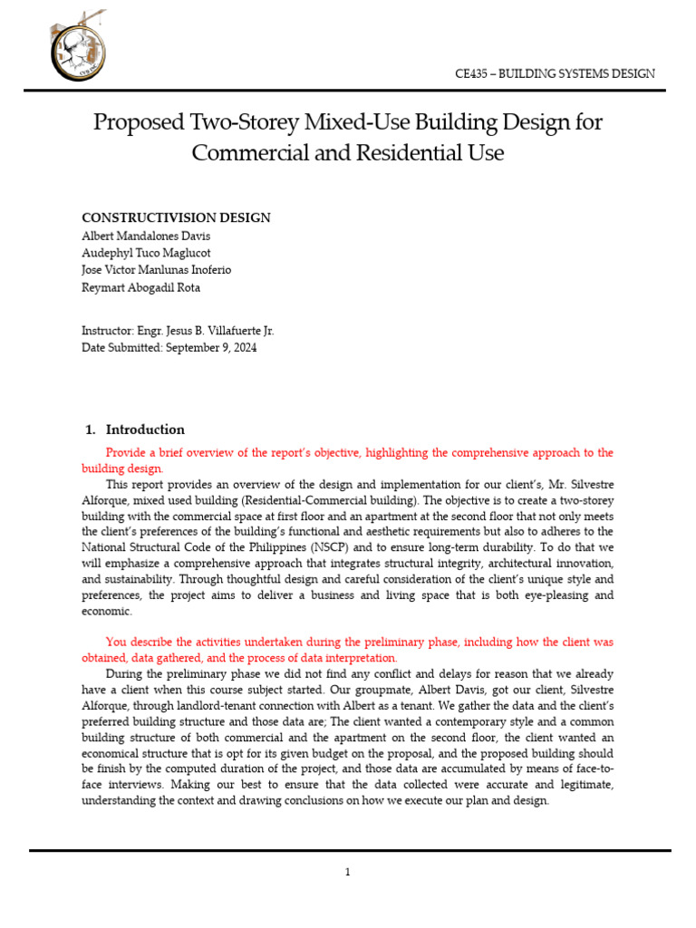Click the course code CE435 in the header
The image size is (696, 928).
pos(470,73)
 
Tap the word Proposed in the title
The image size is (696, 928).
pos(135,122)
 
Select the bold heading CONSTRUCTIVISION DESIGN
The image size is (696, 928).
pos(176,217)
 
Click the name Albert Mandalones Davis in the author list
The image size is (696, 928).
pos(145,236)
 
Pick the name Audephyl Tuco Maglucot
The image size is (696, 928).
pos(146,253)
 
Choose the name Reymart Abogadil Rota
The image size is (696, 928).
pos(141,287)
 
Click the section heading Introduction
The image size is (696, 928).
pos(145,430)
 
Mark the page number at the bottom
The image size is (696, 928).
pos(347,873)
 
